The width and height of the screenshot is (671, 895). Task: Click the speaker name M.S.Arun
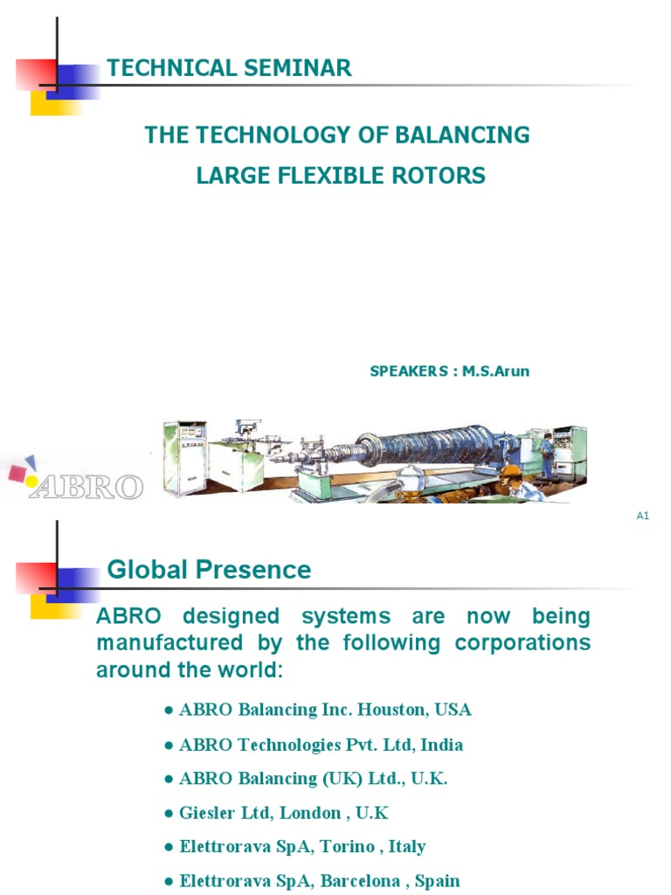[495, 371]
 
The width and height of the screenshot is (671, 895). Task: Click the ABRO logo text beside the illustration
[86, 486]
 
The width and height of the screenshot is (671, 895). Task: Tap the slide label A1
[642, 516]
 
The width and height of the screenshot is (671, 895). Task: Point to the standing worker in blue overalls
[546, 454]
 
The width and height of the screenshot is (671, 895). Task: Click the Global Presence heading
[209, 571]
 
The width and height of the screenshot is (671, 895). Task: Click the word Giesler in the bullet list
[208, 813]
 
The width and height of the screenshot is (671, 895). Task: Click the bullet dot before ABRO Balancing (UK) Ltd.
[168, 780]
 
